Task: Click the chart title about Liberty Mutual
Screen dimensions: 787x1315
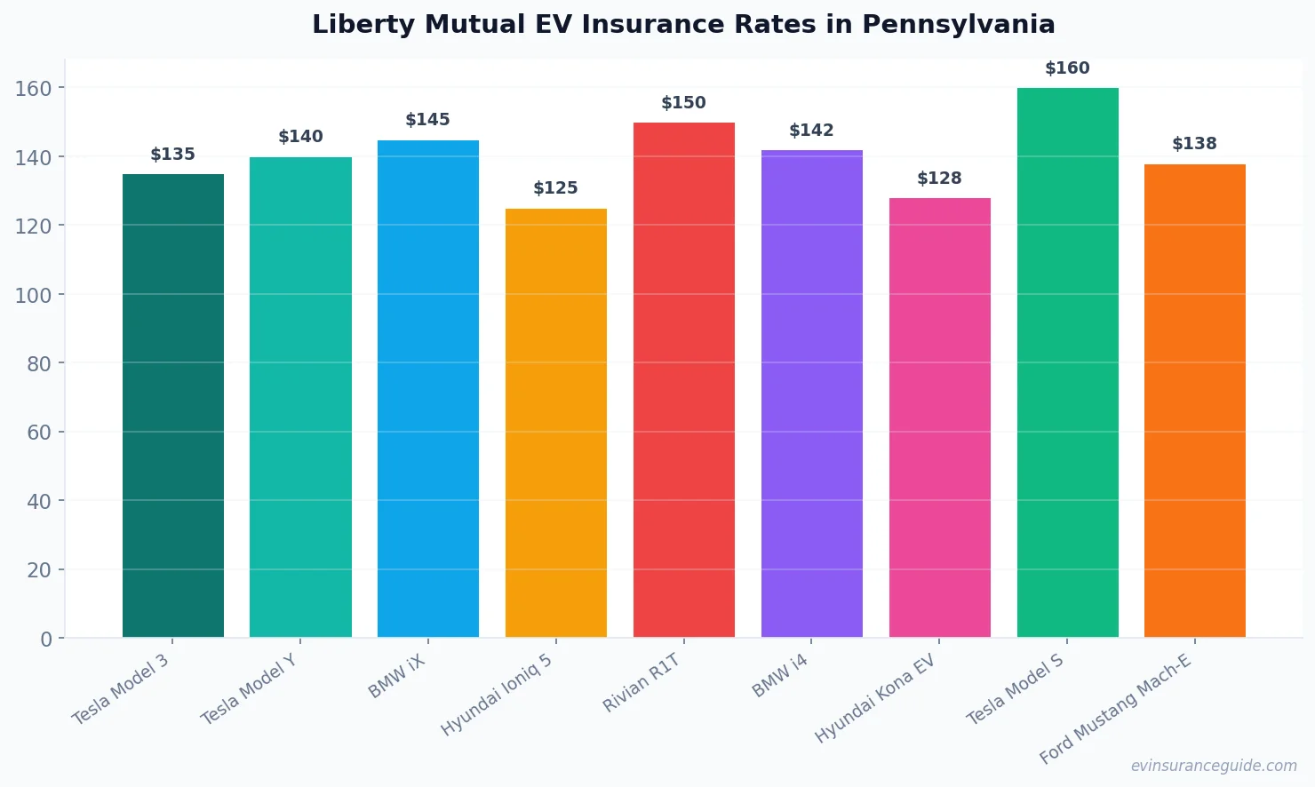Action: coord(683,25)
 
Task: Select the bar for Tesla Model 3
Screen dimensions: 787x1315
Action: coord(173,405)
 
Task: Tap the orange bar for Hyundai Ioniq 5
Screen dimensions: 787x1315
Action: coord(556,423)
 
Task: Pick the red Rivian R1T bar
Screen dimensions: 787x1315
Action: coord(684,379)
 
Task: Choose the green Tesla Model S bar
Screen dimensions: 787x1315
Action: coord(1067,362)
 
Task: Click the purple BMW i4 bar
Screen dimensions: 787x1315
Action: coord(812,393)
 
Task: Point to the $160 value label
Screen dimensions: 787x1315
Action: coord(1067,68)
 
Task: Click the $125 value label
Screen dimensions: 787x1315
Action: coord(556,188)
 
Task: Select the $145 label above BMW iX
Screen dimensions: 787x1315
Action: coord(428,120)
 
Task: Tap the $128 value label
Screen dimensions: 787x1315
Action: coord(939,179)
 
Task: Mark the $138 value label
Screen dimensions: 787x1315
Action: coord(1194,144)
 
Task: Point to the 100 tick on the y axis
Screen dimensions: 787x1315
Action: coord(34,295)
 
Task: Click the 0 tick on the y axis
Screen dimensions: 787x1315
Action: coord(46,639)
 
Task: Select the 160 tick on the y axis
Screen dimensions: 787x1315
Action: coord(34,88)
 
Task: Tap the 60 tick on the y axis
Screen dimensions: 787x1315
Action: coord(39,433)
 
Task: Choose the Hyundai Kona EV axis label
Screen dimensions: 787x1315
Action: coord(875,698)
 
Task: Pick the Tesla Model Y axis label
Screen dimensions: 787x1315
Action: coord(248,689)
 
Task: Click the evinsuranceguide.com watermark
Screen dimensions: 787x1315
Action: coord(1214,766)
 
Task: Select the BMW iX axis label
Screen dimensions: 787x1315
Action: coord(397,677)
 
